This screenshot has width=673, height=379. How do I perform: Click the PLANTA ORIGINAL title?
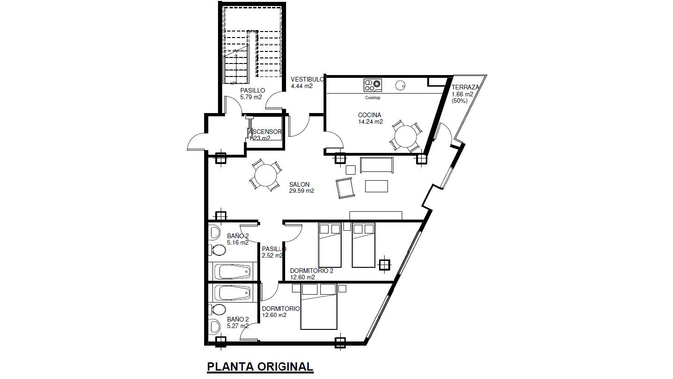click(x=260, y=367)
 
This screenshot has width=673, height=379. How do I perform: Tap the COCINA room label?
click(x=369, y=115)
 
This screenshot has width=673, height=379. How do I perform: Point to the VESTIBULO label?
click(x=307, y=79)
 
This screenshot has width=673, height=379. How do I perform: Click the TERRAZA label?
click(x=465, y=87)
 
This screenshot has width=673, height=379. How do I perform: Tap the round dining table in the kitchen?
click(x=406, y=136)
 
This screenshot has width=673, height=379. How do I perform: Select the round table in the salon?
click(x=265, y=176)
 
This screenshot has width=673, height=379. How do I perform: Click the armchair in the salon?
click(x=345, y=188)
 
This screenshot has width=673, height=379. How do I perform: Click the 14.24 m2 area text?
click(x=370, y=122)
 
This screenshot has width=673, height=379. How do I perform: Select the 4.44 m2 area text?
click(x=301, y=86)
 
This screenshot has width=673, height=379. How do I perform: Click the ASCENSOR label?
click(x=265, y=132)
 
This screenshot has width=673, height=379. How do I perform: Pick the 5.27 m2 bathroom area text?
click(x=238, y=326)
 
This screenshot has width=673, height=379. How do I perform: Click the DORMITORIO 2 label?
click(x=312, y=271)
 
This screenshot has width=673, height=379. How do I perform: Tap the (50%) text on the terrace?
click(x=460, y=101)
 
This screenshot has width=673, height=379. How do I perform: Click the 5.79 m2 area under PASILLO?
click(x=251, y=97)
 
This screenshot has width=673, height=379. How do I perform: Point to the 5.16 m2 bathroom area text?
click(x=238, y=242)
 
